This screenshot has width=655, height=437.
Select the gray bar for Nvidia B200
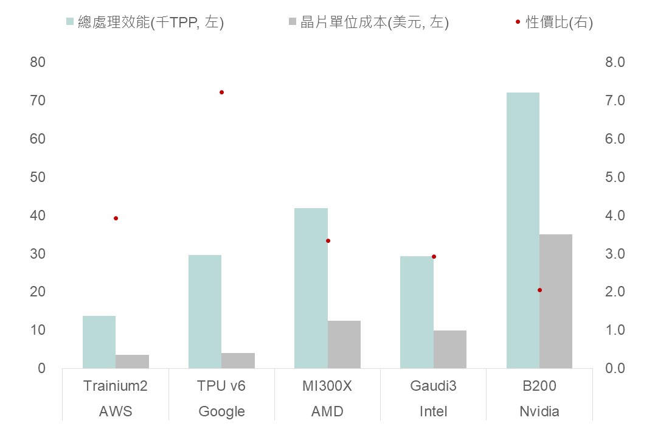point(556,301)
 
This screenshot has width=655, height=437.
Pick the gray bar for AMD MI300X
point(344,344)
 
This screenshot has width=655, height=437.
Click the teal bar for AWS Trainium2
point(99,342)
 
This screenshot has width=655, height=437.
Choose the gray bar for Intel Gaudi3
point(450,349)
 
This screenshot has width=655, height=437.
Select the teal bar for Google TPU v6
point(205,312)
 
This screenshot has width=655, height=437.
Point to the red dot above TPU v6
point(221,93)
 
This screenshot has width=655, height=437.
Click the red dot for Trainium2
point(116,218)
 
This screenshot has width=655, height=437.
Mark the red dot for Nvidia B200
point(539,290)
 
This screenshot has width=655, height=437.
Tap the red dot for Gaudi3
point(434,256)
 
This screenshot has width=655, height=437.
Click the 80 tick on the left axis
point(37,62)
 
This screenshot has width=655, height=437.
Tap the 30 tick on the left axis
point(37,254)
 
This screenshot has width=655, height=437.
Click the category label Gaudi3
point(433,386)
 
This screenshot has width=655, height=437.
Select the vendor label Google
point(221,411)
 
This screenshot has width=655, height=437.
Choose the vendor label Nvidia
point(539,411)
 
